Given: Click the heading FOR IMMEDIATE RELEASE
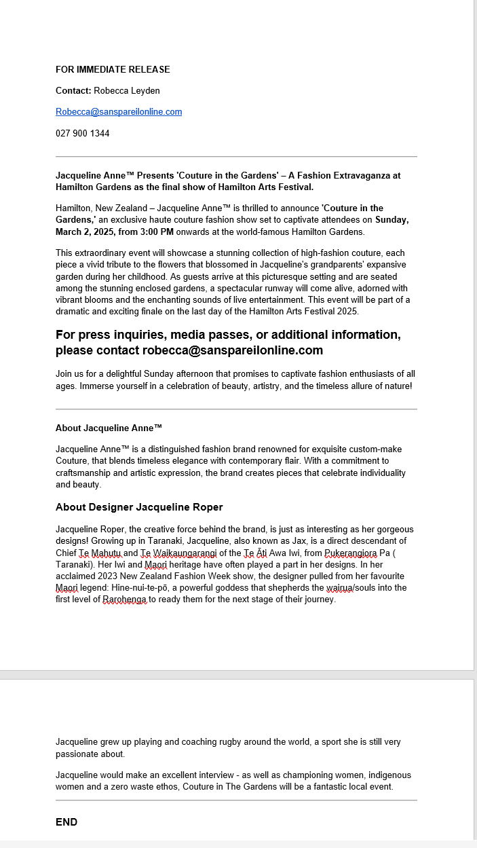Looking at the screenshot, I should coord(113,69).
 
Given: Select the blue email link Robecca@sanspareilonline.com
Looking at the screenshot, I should coord(119,112).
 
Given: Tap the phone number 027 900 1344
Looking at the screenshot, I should coord(82,133).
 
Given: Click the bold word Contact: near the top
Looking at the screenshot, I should coord(73,90).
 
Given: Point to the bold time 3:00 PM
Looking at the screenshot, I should coord(155,232).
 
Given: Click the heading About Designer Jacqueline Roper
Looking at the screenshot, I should coord(139,507).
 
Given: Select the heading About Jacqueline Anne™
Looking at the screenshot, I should coord(109,428).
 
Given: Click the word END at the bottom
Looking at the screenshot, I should coord(66,822).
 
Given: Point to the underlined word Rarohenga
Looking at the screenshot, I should coord(125,600).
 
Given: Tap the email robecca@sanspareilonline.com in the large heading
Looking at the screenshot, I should coord(233,350).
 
